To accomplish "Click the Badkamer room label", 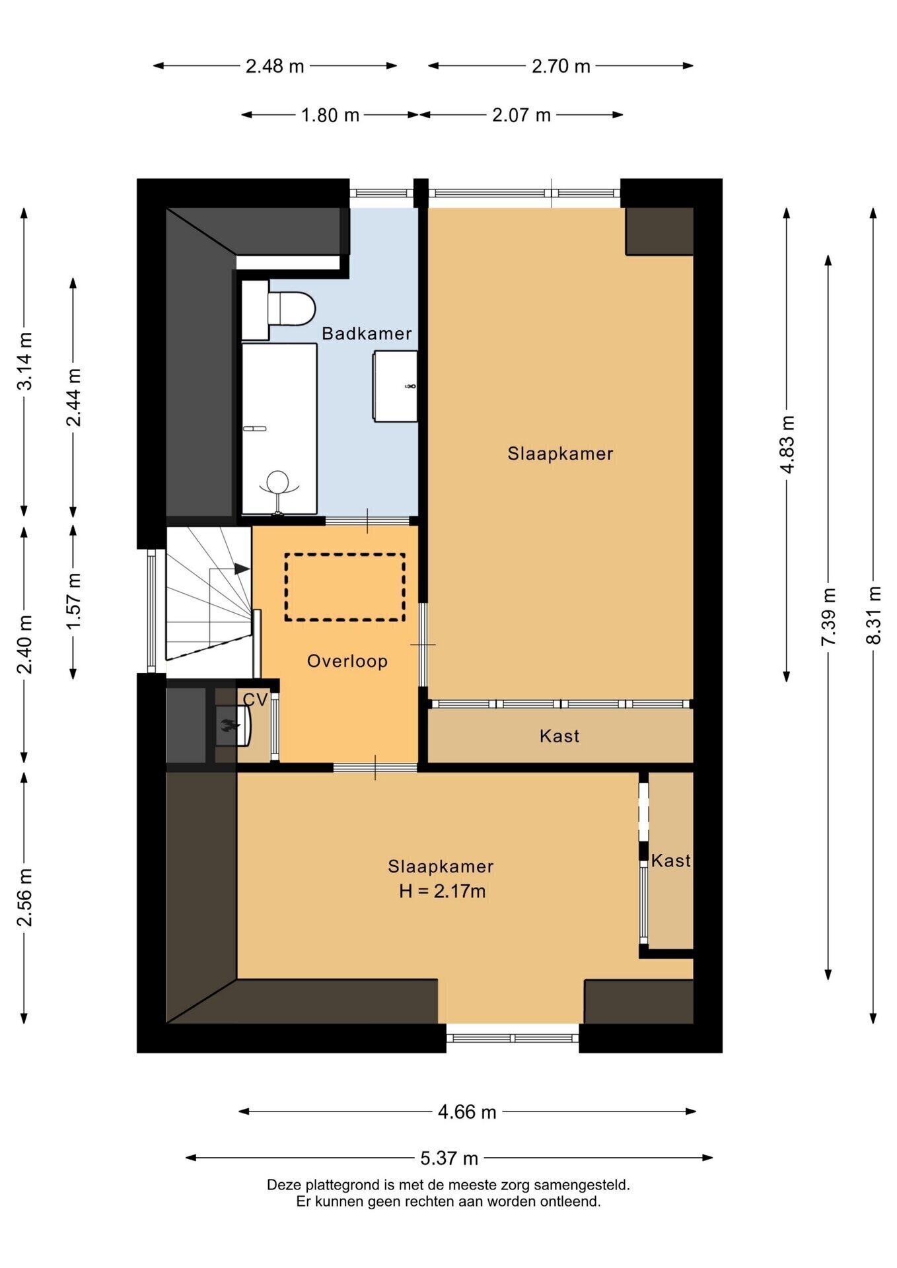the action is tap(367, 334).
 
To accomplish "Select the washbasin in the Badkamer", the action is tap(395, 386).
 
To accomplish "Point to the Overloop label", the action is tap(347, 661).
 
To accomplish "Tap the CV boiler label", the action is tap(256, 699).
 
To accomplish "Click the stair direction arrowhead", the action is tap(242, 569).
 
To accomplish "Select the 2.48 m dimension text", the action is tap(275, 66).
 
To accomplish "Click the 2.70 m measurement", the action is tap(561, 66).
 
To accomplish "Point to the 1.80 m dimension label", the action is tap(330, 116).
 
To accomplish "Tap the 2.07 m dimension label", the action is tap(521, 116).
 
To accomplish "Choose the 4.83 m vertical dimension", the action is tap(787, 444).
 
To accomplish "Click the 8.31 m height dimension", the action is tap(874, 615).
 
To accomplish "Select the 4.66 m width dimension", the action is tap(467, 1112).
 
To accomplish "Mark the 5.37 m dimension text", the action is tap(449, 1158).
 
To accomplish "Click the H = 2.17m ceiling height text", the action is tap(442, 892).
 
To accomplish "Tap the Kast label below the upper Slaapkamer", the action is tap(559, 736).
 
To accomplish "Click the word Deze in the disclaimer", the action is tap(283, 1185).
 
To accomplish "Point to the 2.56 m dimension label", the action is tap(24, 898).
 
